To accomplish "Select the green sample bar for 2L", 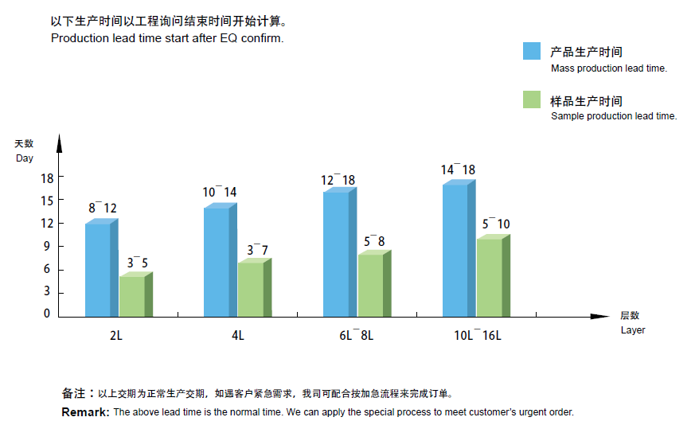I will [132, 296].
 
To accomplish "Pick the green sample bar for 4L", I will [251, 289].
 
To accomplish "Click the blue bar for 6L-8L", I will [336, 253].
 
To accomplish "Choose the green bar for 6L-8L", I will [370, 285].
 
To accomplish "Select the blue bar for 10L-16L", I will [455, 249].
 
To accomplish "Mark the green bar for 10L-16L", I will [490, 277].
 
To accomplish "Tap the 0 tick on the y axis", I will [46, 314].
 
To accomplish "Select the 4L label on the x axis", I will [237, 336].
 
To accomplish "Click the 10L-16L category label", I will [478, 336].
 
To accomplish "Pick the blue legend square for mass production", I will [532, 51].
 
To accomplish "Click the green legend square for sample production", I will [532, 99].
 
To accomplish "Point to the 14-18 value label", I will [458, 170].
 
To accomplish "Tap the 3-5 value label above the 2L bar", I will [138, 262].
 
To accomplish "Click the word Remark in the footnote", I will [85, 412].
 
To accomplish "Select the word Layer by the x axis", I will [633, 330].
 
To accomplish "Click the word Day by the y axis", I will [25, 158].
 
